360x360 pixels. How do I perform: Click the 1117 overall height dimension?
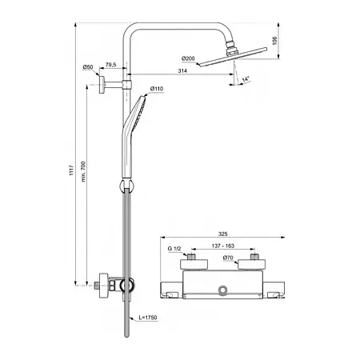[71, 170]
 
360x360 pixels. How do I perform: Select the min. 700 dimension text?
[83, 171]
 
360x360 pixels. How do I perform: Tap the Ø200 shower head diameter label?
[188, 58]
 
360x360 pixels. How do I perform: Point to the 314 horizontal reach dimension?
[182, 70]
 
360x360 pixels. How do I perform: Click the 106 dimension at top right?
[275, 41]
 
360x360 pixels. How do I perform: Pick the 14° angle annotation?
[246, 79]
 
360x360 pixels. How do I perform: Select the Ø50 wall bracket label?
[88, 67]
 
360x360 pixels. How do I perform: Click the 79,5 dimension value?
[111, 65]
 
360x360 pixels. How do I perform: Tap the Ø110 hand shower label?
[157, 89]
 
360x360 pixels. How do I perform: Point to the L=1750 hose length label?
[148, 318]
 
